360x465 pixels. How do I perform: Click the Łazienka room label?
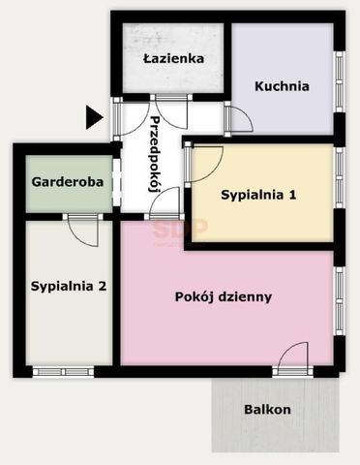(x=173, y=58)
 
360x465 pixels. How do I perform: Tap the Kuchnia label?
(x=282, y=85)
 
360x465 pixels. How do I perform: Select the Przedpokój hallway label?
(x=155, y=154)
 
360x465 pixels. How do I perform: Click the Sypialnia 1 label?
(x=258, y=195)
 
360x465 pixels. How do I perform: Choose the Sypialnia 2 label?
(x=68, y=286)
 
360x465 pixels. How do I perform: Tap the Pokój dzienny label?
(x=224, y=296)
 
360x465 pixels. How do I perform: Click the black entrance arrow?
(x=93, y=117)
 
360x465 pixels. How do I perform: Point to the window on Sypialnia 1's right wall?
(x=339, y=193)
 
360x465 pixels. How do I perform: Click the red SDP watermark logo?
(x=178, y=228)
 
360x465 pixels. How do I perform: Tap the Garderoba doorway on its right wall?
(x=114, y=181)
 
